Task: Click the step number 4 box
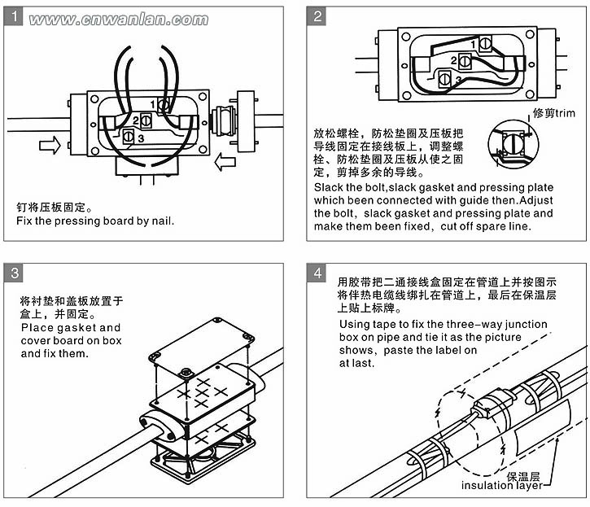click(x=317, y=273)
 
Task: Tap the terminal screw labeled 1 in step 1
click(x=164, y=105)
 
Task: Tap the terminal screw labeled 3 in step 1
click(x=129, y=138)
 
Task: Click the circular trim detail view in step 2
click(x=514, y=147)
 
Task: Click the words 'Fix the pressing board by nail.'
click(x=96, y=221)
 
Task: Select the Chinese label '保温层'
click(x=522, y=474)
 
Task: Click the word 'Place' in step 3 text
click(x=36, y=327)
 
